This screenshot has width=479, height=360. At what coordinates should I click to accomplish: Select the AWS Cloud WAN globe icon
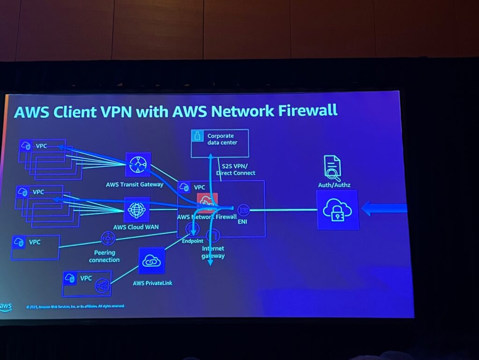137,209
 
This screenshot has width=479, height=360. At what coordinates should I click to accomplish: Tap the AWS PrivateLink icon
152,261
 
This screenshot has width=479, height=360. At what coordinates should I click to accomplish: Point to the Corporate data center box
220,143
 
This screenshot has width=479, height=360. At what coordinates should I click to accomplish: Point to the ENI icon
243,209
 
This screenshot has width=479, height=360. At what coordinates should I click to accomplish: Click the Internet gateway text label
213,252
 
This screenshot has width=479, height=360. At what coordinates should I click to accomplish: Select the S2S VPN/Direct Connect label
236,169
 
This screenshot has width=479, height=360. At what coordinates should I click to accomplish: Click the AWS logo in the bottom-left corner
6,307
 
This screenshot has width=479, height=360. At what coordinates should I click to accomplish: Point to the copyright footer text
75,306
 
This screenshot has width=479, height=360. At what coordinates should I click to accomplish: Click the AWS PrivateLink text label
152,283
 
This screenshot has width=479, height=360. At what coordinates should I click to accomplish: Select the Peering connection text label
104,256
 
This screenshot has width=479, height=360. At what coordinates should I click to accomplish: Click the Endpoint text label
192,241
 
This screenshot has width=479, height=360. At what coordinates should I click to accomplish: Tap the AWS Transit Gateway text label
135,184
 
